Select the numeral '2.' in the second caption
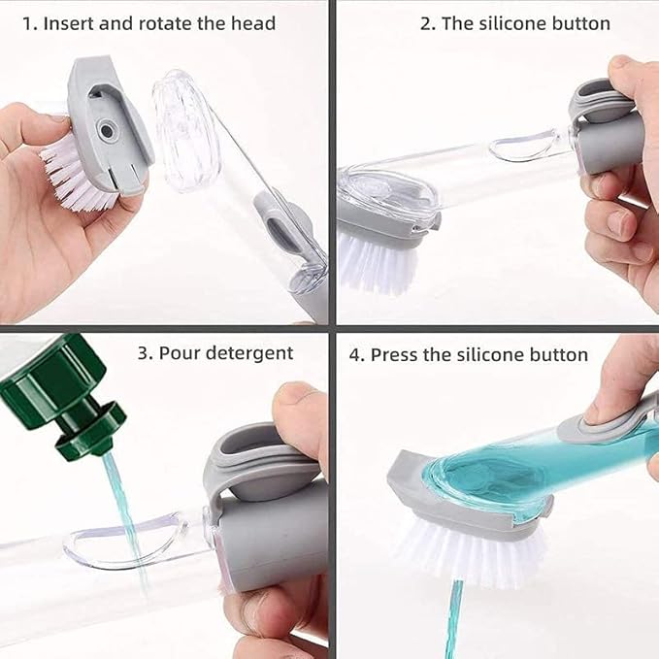coord(427,23)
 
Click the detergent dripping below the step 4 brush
coord(453,621)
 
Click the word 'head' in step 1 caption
coord(253,23)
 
